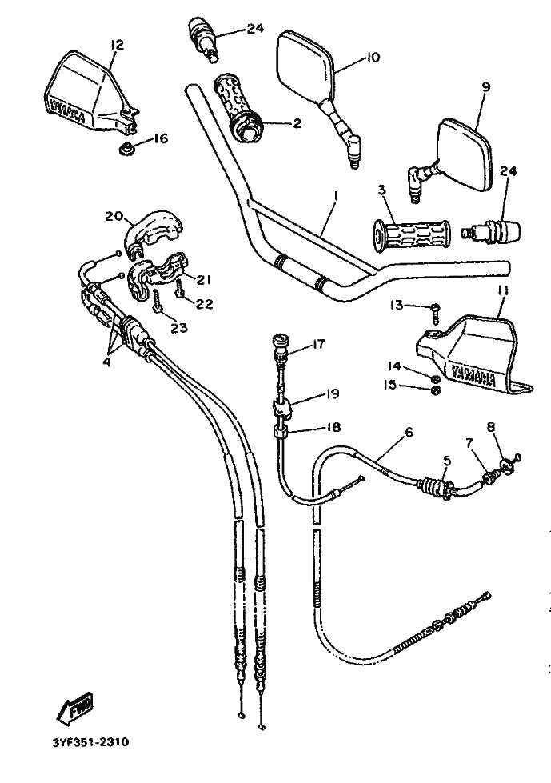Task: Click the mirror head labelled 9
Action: (467, 156)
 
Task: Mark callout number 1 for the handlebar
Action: (337, 196)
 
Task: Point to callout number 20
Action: (113, 215)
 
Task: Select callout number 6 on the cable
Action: (409, 432)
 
